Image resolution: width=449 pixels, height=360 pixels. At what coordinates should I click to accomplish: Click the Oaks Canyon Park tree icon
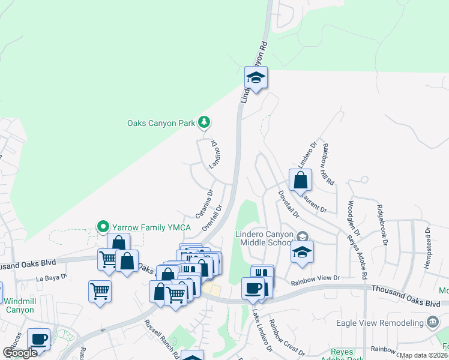(204, 122)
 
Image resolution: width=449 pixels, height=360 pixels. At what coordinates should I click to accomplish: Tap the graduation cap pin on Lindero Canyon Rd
(256, 77)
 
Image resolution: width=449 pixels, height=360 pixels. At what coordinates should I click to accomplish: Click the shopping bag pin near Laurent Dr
(300, 180)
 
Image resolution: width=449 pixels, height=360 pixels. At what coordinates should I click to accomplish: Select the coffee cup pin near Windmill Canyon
(40, 339)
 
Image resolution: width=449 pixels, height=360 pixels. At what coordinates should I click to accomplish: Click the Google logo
(20, 353)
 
